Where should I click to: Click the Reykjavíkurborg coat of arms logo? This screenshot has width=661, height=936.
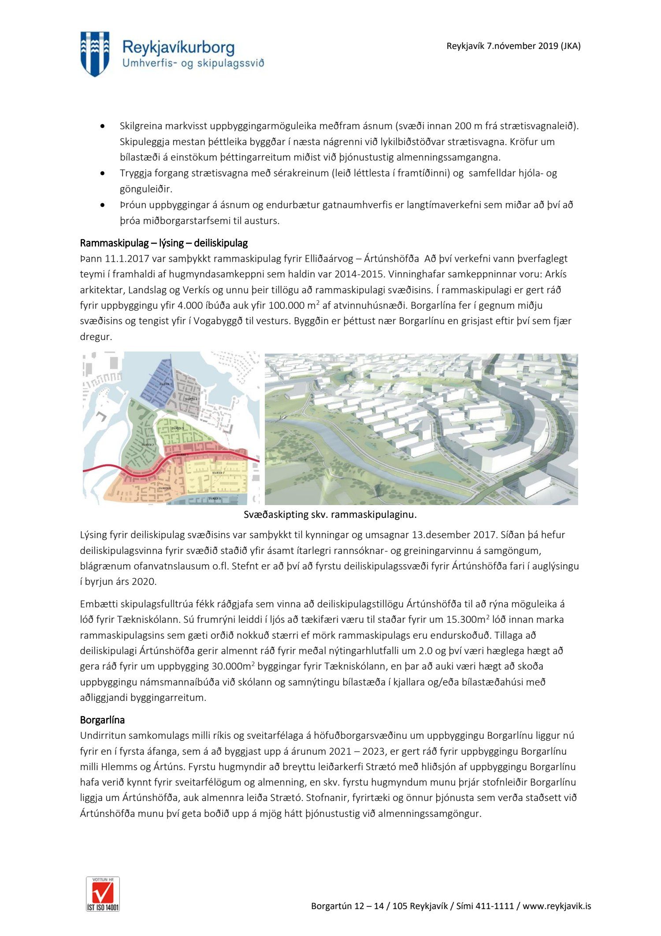(x=95, y=54)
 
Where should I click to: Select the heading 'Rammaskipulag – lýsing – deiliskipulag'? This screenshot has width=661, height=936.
(x=163, y=243)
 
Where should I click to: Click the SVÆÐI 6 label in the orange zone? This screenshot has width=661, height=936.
(x=164, y=488)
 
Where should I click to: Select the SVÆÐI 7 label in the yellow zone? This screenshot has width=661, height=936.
(x=219, y=472)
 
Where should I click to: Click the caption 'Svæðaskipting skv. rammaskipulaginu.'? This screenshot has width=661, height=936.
(x=330, y=514)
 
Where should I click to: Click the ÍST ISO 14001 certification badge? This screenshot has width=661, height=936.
(x=103, y=894)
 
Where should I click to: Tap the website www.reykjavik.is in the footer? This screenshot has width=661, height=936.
(x=557, y=906)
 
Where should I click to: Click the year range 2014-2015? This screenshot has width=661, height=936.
(x=359, y=274)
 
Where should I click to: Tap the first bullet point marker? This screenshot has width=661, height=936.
(x=103, y=126)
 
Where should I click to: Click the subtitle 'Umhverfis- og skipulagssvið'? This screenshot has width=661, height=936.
(x=193, y=64)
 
